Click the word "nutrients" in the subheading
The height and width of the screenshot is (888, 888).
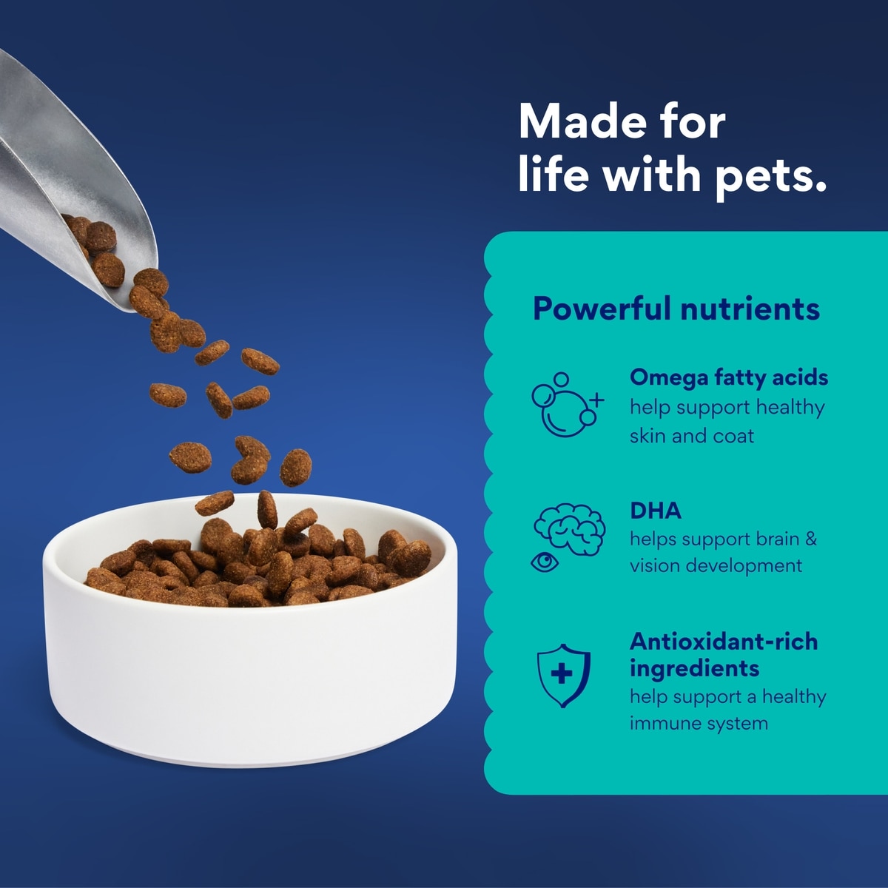(750, 309)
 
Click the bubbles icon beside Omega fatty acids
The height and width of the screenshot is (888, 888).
(567, 404)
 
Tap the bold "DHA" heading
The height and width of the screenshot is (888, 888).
(656, 511)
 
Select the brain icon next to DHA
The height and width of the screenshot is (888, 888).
(570, 530)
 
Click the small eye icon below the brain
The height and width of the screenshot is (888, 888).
(545, 562)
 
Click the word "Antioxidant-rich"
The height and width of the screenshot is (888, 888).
(724, 642)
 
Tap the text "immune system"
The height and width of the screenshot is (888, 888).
(699, 723)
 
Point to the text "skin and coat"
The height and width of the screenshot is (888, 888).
(692, 436)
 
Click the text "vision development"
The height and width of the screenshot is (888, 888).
(716, 565)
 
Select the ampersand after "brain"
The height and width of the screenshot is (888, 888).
(811, 539)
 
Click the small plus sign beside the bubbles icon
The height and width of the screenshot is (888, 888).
(596, 400)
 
